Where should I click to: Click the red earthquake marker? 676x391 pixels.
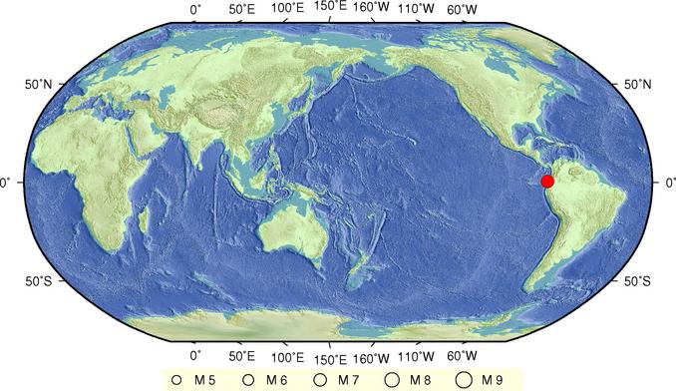547,181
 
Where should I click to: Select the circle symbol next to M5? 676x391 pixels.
176,379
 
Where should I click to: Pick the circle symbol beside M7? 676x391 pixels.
320,379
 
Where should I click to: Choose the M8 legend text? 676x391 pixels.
422,379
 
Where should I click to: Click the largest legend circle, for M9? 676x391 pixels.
464,379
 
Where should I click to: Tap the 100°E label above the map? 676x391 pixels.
287,9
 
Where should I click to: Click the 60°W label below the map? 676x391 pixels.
462,355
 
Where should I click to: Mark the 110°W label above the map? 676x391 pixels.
417,9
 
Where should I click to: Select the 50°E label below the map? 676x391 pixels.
242,355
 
